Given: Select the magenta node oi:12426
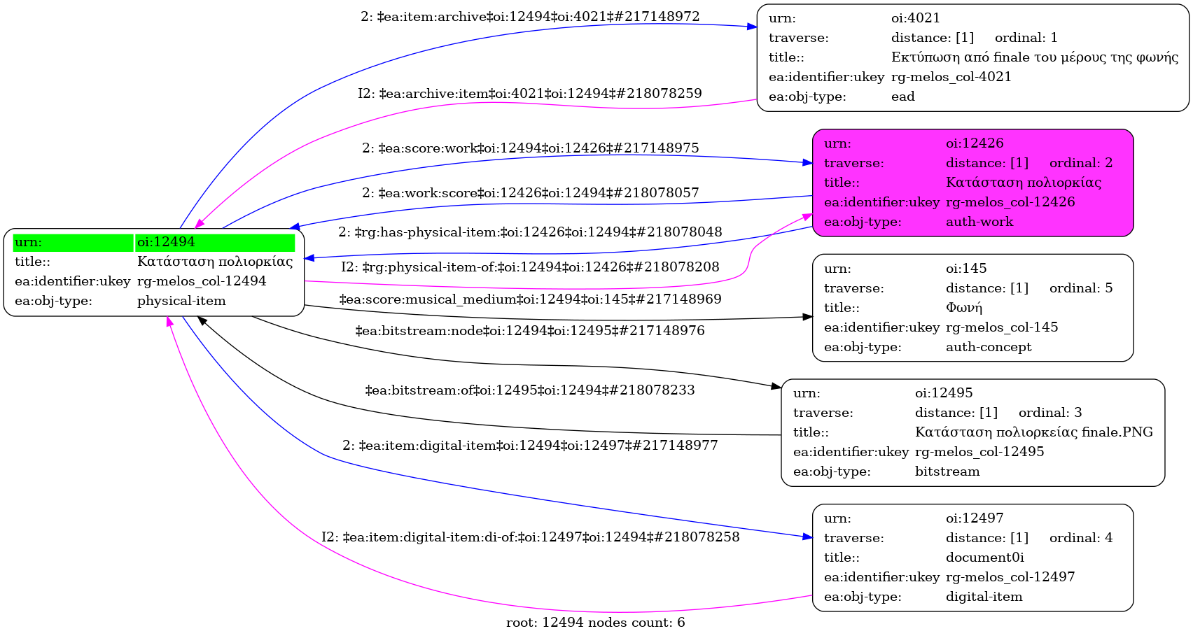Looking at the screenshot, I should [972, 183].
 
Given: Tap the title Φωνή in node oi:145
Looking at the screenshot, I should [963, 308].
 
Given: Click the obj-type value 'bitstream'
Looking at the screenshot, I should [947, 472].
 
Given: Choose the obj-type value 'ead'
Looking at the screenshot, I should [902, 97].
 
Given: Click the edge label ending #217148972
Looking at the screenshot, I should [530, 16].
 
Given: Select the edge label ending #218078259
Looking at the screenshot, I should [530, 93].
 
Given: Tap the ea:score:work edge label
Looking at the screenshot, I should [530, 148].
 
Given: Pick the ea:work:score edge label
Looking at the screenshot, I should [530, 192].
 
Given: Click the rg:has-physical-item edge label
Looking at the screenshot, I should [530, 232].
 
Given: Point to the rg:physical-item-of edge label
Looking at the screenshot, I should [530, 267].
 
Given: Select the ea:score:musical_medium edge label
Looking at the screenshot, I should [530, 299].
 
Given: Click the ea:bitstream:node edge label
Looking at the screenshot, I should [530, 330].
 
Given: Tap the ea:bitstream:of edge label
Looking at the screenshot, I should [530, 390].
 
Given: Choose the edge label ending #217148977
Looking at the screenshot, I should [530, 445].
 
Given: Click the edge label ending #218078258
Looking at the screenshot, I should [530, 537].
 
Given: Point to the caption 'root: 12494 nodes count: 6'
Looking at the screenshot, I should [595, 622].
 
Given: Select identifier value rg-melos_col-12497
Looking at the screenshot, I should [1010, 577].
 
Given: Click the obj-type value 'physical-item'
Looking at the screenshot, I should [181, 301].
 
